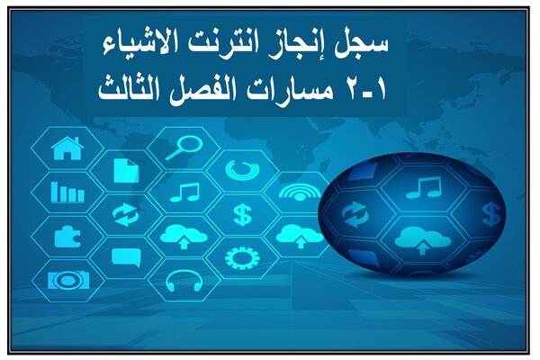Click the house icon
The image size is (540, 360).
click(67, 148)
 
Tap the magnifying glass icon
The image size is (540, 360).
click(184, 148)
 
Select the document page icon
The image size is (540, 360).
click(126, 170)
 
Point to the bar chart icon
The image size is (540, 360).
click(67, 192)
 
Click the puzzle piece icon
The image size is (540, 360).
click(67, 237)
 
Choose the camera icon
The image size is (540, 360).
click(68, 280)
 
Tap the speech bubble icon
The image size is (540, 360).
click(126, 257)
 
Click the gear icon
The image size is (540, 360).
click(242, 257)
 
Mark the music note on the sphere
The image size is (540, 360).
click(424, 187)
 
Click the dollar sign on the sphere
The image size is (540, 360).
click(491, 214)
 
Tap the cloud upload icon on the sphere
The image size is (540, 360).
click(423, 240)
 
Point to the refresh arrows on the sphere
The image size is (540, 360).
click(355, 214)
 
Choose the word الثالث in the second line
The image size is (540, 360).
click(128, 90)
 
